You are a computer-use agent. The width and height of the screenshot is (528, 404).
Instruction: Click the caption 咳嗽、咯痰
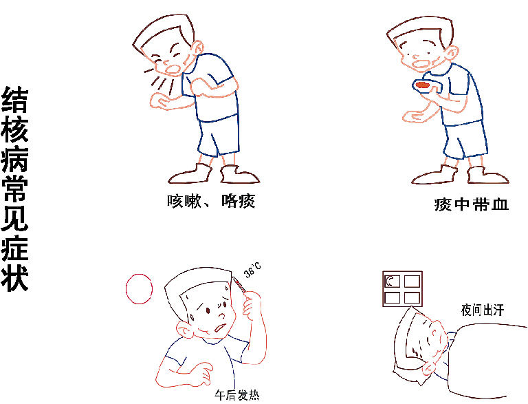tap(211, 202)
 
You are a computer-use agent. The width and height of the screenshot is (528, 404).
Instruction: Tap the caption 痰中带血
tap(471, 204)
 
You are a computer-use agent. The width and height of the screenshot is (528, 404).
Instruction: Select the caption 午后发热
tap(237, 395)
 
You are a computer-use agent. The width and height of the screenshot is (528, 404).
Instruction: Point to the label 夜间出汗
tap(483, 310)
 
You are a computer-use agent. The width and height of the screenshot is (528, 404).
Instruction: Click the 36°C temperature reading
tap(252, 270)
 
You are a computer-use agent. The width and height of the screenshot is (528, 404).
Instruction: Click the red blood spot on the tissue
tap(422, 85)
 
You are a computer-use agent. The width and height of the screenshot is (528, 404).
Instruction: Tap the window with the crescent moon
tap(402, 289)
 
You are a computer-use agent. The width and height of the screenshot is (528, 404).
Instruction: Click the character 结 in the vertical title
tap(15, 100)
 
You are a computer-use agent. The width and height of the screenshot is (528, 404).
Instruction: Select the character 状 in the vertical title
tap(15, 279)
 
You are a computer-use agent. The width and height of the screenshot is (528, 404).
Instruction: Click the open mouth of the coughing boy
tap(173, 69)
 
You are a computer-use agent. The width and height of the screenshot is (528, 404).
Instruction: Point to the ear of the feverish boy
tap(184, 330)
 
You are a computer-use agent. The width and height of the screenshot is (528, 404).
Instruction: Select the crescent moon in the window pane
tap(390, 281)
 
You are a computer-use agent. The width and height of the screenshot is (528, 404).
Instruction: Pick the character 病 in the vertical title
tap(15, 159)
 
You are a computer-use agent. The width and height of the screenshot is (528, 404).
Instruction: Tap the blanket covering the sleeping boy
tap(485, 361)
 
